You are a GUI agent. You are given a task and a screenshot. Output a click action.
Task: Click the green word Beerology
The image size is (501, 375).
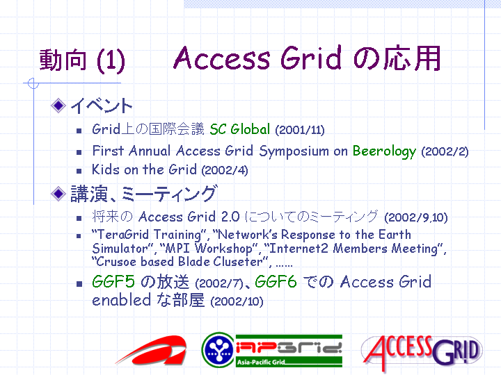click(x=384, y=151)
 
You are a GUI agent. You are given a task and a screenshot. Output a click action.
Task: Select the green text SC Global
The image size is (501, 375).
click(x=240, y=129)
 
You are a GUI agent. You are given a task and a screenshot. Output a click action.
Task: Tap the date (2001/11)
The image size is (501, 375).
click(x=300, y=130)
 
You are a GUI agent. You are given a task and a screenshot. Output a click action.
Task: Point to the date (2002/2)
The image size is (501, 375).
click(x=445, y=151)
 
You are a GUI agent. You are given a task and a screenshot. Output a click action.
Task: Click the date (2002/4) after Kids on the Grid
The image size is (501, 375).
click(x=225, y=170)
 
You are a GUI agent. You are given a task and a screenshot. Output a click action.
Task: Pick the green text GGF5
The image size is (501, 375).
click(x=113, y=281)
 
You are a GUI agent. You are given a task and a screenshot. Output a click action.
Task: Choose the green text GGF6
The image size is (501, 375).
click(x=276, y=281)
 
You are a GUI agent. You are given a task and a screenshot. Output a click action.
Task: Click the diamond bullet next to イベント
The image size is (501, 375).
click(x=58, y=106)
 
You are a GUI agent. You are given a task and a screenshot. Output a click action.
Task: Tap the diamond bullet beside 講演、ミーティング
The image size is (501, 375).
click(x=58, y=193)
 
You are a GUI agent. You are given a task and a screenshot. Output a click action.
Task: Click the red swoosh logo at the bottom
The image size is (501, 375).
click(x=152, y=351)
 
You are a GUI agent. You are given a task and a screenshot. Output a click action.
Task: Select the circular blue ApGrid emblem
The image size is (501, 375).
click(x=218, y=349)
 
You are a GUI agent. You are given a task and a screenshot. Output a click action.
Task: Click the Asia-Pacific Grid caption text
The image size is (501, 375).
click(x=261, y=362)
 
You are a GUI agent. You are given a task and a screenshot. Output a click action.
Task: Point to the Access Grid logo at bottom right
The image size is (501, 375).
click(x=422, y=351)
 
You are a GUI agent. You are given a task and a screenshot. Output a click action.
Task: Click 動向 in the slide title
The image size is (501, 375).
click(x=63, y=60)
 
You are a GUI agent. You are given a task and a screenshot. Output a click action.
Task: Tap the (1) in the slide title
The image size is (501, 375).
click(x=111, y=60)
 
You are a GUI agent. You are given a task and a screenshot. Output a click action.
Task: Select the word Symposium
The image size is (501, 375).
click(x=294, y=151)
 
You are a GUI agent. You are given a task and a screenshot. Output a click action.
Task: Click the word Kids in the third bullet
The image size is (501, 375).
click(x=106, y=169)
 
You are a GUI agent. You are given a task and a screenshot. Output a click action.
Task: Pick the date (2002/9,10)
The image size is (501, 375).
click(x=415, y=217)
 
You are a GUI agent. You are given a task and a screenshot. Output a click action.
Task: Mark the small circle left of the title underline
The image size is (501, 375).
click(x=33, y=83)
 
